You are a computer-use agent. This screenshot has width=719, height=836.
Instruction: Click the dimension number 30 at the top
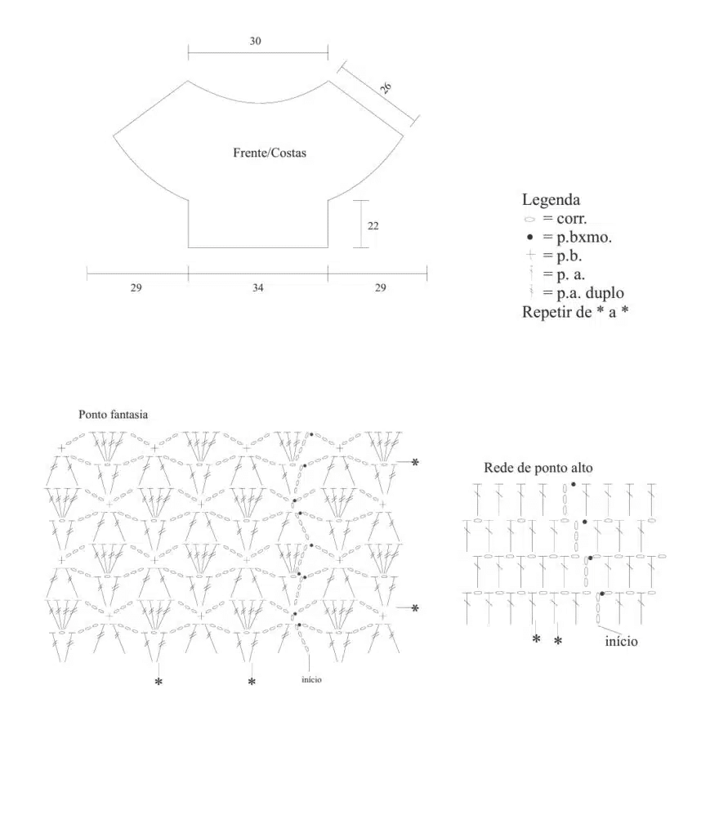pos(256,41)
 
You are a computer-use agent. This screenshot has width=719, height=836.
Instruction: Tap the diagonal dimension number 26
pos(386,87)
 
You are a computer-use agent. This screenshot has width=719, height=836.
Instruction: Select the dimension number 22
pos(373,226)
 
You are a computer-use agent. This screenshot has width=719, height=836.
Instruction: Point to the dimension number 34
pos(258,287)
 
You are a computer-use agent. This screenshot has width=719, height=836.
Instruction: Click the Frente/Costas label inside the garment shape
pos(270,153)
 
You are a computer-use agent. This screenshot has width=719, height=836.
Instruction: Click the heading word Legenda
pos(551,199)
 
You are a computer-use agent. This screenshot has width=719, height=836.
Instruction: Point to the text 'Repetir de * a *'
pos(574,312)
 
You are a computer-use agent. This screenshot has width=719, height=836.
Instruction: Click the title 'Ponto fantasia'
pos(113,415)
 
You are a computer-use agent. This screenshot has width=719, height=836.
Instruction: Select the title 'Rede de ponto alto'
pos(538,468)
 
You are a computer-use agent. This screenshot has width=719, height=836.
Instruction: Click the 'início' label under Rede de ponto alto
pos(621,642)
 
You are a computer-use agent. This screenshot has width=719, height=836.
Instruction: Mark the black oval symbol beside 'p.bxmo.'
pos(529,238)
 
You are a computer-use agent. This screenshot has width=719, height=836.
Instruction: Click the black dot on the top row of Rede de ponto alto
pos(574,484)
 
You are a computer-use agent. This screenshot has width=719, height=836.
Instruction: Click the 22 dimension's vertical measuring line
pos(361,224)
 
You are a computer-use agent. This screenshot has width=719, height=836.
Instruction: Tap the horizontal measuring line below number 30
pos(257,54)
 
